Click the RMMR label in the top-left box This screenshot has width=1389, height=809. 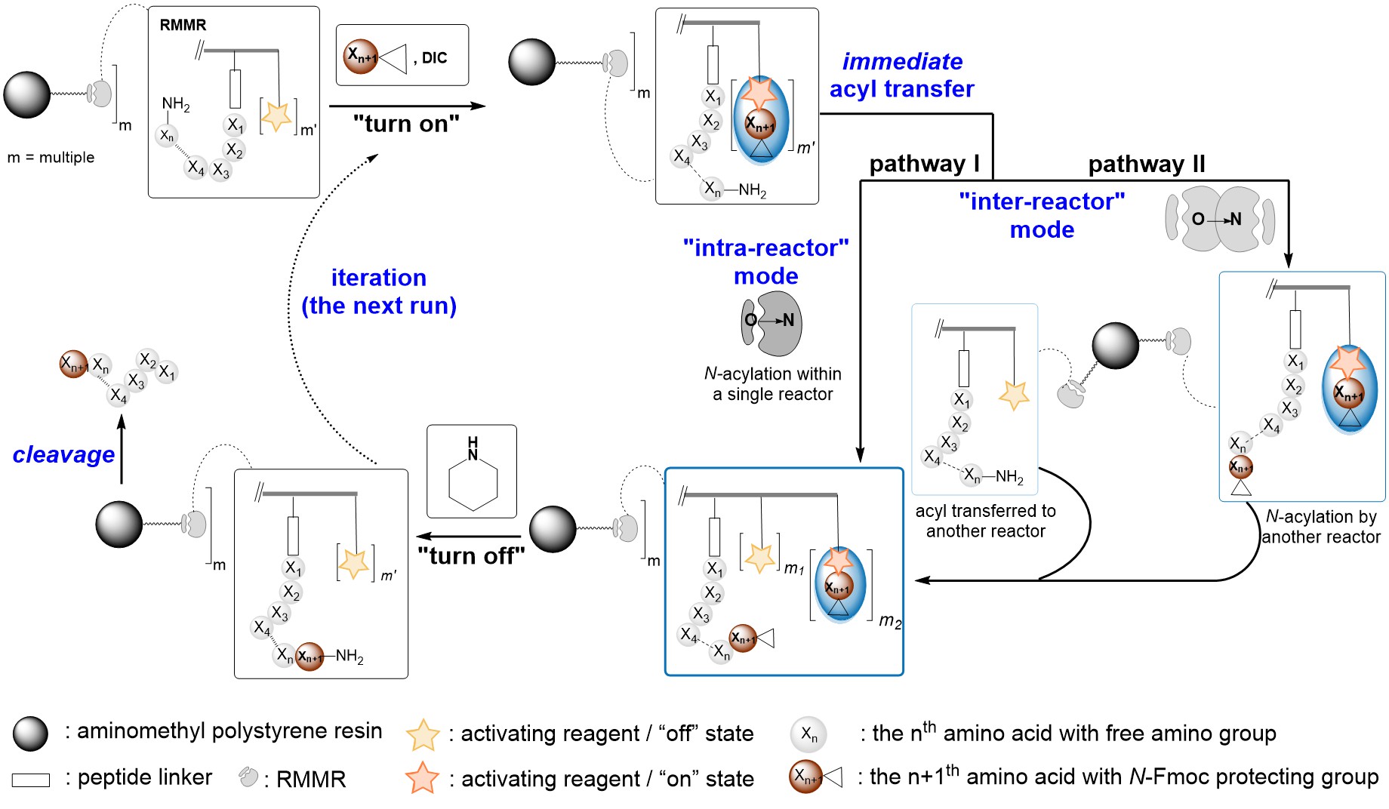coord(183,25)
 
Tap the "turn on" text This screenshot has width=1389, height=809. coord(406,124)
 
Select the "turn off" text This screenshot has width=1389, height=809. coord(471,556)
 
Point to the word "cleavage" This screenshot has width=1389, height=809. coord(63,454)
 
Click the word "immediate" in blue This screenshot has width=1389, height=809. coord(902,61)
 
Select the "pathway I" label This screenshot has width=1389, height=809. coord(924,164)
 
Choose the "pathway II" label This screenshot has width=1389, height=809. coord(1146,164)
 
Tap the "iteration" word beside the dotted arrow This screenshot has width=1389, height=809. coord(378,278)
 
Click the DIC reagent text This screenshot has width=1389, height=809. coord(434,58)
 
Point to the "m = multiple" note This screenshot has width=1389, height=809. coord(51,158)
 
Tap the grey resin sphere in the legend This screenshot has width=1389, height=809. coord(30,733)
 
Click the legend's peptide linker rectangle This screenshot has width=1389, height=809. coord(31,780)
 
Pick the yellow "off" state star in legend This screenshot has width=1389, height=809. coord(423,734)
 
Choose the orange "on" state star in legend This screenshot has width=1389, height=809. coord(422,778)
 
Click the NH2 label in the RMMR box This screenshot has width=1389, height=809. coord(176,105)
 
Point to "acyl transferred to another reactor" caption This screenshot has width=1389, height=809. coord(985,521)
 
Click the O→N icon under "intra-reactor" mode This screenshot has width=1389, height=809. coord(771,322)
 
